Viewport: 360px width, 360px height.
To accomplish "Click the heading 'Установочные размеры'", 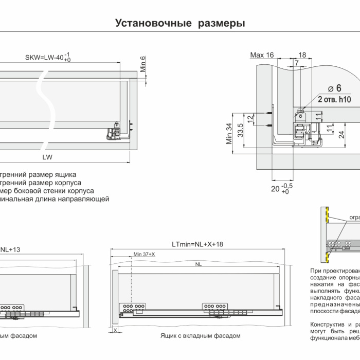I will point(179,24).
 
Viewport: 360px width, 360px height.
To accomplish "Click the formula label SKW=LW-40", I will point(45,57).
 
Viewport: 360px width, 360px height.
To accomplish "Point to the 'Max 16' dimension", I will point(262,55).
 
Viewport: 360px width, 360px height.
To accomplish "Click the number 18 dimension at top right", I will point(302,55).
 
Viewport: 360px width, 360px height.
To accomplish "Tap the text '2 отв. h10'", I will point(334,99).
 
